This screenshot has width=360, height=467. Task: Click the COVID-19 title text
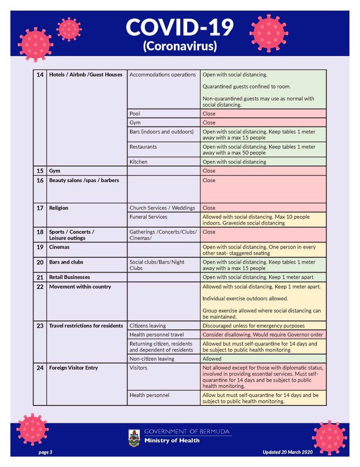pos(180,27)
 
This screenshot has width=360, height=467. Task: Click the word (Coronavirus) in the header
pos(180,46)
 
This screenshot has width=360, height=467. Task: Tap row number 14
pos(40,75)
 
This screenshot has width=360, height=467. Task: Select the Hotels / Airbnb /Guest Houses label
pos(86,75)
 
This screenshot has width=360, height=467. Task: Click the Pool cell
pos(135,114)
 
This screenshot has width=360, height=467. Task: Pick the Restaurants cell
pos(143,147)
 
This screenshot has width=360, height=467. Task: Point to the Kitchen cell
pos(139,162)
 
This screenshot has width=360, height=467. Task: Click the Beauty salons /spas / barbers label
pos(84,181)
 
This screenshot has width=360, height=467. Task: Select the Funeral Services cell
pos(148,217)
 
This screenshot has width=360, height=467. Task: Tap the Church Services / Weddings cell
pos(162,208)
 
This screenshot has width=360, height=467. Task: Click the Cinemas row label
pos(60,247)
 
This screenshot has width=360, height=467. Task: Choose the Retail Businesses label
pos(70,277)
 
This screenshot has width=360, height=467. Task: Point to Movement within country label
pos(80,287)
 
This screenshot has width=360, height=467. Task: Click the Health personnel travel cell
pos(156,335)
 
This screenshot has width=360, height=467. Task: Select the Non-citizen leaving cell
pos(151,359)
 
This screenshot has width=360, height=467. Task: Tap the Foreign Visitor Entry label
pos(73,368)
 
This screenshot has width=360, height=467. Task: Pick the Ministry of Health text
pos(172,441)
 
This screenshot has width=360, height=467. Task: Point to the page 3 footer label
pos(45,452)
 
